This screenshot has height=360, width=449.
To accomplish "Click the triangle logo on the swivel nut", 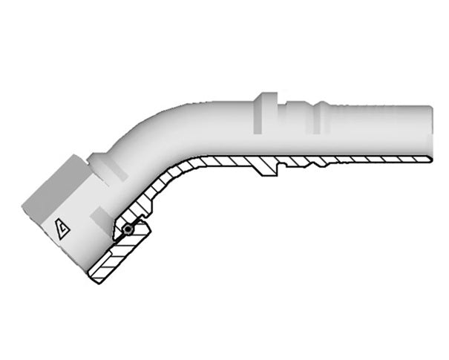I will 62,229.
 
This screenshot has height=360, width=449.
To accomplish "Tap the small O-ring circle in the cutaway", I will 128,231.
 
